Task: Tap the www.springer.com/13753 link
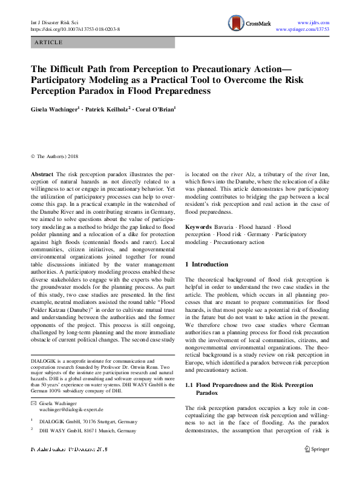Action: [x=302, y=28]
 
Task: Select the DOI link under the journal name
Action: [x=75, y=28]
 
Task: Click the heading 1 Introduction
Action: [x=206, y=264]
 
